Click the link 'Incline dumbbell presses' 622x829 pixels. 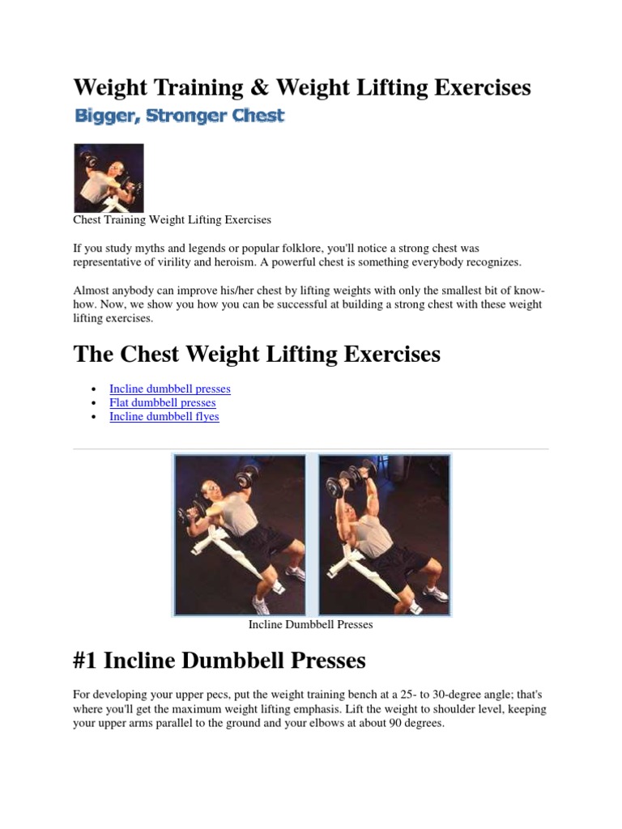[170, 389]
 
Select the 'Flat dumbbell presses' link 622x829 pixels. [162, 402]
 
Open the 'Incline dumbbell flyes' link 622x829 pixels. [164, 416]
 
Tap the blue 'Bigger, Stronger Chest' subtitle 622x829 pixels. [179, 116]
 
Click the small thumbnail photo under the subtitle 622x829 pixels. [109, 178]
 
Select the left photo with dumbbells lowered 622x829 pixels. [240, 534]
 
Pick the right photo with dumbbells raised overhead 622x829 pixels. [384, 534]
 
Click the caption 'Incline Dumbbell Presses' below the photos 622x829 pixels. [310, 625]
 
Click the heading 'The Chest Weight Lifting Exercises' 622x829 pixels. [257, 354]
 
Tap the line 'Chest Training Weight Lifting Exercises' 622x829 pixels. [172, 219]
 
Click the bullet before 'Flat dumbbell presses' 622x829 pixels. [95, 403]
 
